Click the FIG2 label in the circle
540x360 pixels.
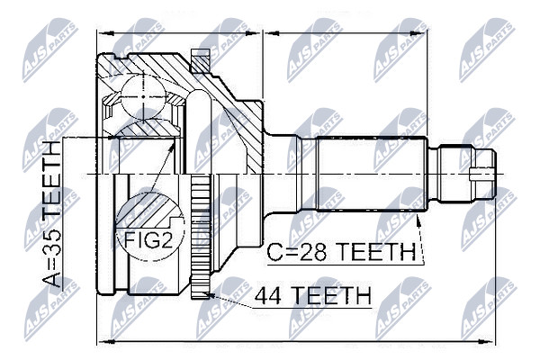click(x=148, y=239)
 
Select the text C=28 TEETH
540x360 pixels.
click(x=341, y=252)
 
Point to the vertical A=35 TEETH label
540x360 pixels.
click(x=51, y=213)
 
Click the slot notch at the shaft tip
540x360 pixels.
click(x=482, y=175)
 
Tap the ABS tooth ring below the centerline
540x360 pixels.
click(x=201, y=238)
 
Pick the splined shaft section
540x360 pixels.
click(x=372, y=174)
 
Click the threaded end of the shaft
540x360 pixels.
click(x=463, y=175)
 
